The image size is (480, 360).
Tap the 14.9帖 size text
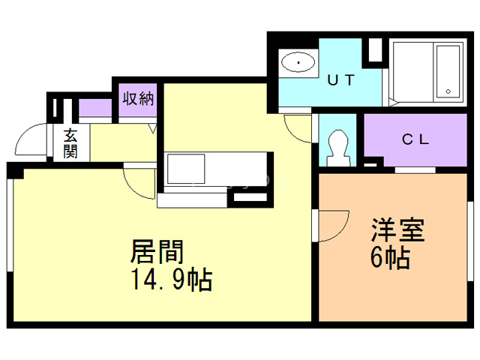tap(171, 280)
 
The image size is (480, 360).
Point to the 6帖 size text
tap(389, 259)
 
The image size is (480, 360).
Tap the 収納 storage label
tap(138, 97)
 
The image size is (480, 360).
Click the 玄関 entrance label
tap(71, 144)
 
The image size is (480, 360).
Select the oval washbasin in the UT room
tap(298, 61)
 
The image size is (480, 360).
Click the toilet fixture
tap(338, 145)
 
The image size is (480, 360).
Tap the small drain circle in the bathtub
tap(448, 91)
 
